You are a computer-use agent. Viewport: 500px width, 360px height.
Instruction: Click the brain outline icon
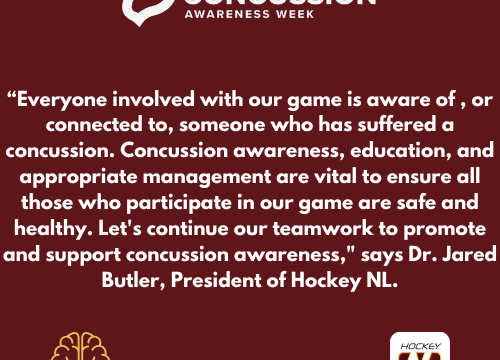coord(80,347)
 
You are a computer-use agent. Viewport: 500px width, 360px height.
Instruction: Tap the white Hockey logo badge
coord(419,347)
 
